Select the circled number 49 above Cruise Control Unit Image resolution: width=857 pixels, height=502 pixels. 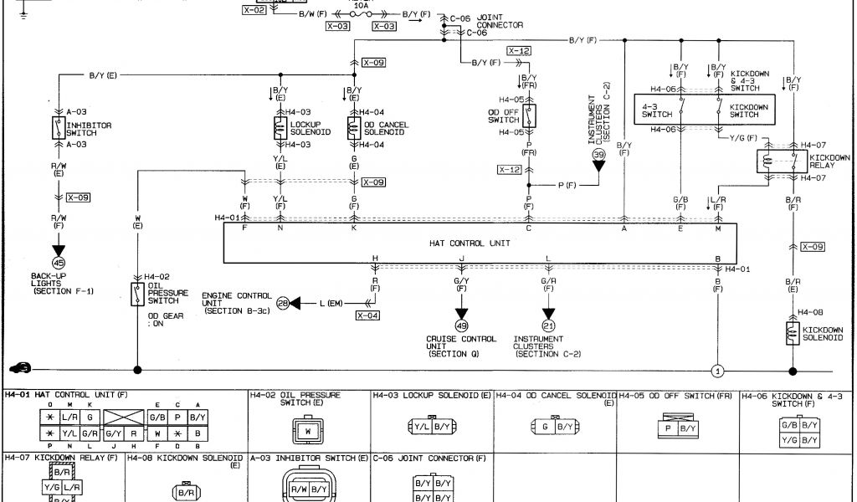461,325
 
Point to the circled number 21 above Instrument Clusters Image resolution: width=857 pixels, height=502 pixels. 548,325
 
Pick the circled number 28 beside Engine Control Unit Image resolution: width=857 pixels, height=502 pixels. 283,303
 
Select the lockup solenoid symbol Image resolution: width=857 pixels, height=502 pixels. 280,128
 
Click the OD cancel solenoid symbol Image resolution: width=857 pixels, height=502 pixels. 354,128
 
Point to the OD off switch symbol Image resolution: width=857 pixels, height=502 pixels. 529,115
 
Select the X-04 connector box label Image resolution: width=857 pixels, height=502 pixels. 367,315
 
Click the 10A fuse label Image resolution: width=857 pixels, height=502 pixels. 362,5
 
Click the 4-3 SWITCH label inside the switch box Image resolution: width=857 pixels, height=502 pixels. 653,110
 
